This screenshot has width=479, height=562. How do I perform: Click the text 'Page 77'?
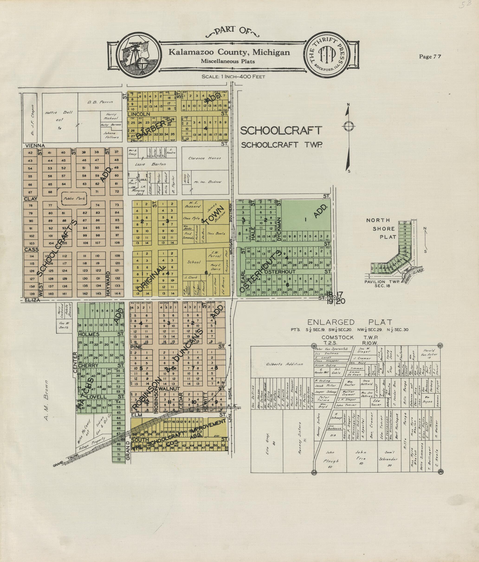[430, 56]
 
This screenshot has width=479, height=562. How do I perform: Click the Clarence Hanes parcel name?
[204, 158]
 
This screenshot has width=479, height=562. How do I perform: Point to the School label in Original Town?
[194, 262]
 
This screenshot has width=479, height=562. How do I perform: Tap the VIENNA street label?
[35, 146]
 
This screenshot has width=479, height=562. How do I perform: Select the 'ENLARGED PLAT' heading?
[350, 322]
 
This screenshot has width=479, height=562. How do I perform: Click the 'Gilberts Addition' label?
[284, 364]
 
